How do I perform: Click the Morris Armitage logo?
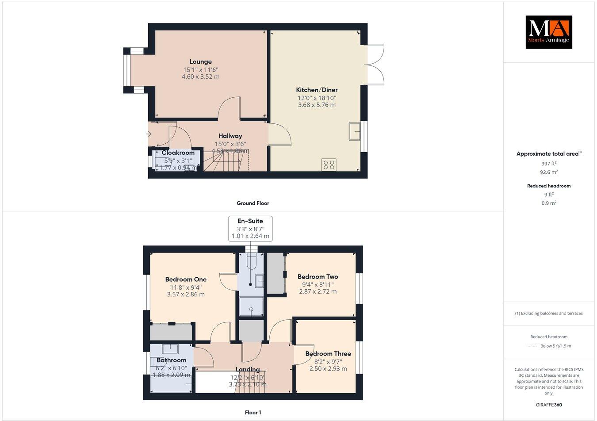548,32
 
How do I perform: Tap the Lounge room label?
201,62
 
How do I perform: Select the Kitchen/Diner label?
317,90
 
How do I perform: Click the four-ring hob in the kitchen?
329,165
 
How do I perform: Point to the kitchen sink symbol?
355,131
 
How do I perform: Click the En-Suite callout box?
250,228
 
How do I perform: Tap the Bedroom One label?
186,279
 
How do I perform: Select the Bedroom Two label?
318,277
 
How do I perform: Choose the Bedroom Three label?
328,354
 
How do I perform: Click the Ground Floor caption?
253,203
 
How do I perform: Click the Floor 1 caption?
253,413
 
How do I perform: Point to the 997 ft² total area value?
548,163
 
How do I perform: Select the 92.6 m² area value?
548,172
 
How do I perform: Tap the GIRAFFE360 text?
548,405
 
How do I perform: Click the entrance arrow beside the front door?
150,134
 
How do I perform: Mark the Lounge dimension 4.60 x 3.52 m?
201,77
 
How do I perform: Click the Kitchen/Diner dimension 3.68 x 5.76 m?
317,105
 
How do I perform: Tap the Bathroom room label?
171,360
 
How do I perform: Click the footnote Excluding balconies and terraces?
548,314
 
